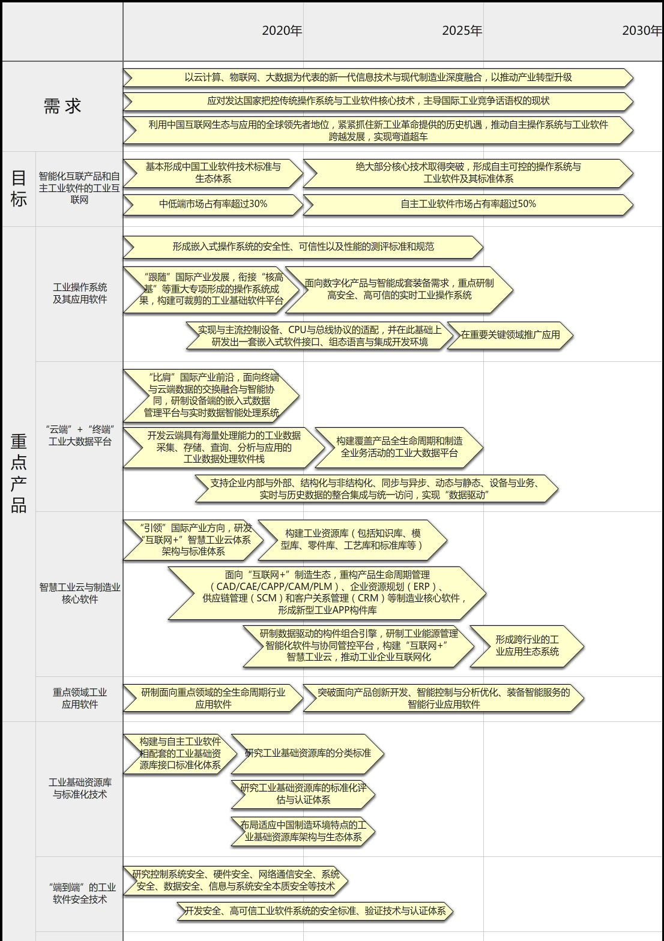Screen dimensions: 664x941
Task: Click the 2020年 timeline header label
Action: point(282,31)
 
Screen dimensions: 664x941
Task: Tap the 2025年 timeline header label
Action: point(462,31)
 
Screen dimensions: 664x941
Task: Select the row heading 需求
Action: point(62,106)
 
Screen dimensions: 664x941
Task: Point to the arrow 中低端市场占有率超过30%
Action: point(213,205)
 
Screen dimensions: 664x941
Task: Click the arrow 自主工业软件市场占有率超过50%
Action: point(468,205)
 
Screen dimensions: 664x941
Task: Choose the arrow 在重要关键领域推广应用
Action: point(510,335)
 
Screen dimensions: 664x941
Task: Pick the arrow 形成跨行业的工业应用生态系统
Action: point(527,646)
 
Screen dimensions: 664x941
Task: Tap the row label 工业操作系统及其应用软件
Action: point(80,293)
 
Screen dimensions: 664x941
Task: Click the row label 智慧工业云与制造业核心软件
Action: point(80,593)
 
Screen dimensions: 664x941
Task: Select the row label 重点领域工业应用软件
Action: point(80,698)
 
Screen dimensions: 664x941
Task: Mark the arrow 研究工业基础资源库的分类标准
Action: point(307,754)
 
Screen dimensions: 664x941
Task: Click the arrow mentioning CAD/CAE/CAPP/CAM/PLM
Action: point(327,593)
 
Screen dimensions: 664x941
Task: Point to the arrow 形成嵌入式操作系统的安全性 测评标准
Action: point(303,247)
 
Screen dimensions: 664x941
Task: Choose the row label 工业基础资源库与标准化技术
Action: point(80,788)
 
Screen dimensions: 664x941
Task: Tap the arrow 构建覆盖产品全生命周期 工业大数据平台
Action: point(399,448)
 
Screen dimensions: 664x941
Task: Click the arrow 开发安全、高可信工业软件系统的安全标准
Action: point(315,911)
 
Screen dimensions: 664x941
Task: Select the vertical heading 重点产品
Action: point(19,474)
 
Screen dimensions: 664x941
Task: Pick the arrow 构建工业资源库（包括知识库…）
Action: point(352,540)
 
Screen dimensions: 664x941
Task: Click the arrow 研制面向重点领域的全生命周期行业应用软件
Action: point(213,698)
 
